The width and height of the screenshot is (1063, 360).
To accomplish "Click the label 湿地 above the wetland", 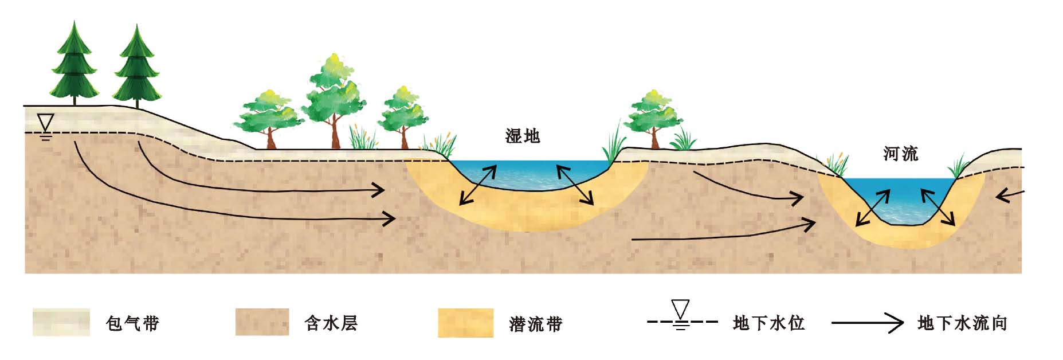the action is [522, 136].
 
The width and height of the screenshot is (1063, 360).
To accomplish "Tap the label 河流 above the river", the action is [901, 154].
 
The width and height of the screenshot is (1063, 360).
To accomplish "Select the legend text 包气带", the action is [132, 323].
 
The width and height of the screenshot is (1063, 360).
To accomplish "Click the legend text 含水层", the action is [331, 323].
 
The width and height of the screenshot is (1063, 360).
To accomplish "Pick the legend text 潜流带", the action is [536, 324].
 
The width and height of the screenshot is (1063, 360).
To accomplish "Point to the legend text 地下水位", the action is [768, 323].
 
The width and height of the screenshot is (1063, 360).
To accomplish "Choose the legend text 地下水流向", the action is [962, 323].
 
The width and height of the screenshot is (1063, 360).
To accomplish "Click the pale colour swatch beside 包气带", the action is [61, 322].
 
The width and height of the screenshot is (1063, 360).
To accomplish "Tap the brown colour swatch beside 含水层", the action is [262, 322].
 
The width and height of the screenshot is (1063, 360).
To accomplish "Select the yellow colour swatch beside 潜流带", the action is [466, 323].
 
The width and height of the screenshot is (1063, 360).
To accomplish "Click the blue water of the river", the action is [899, 198].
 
